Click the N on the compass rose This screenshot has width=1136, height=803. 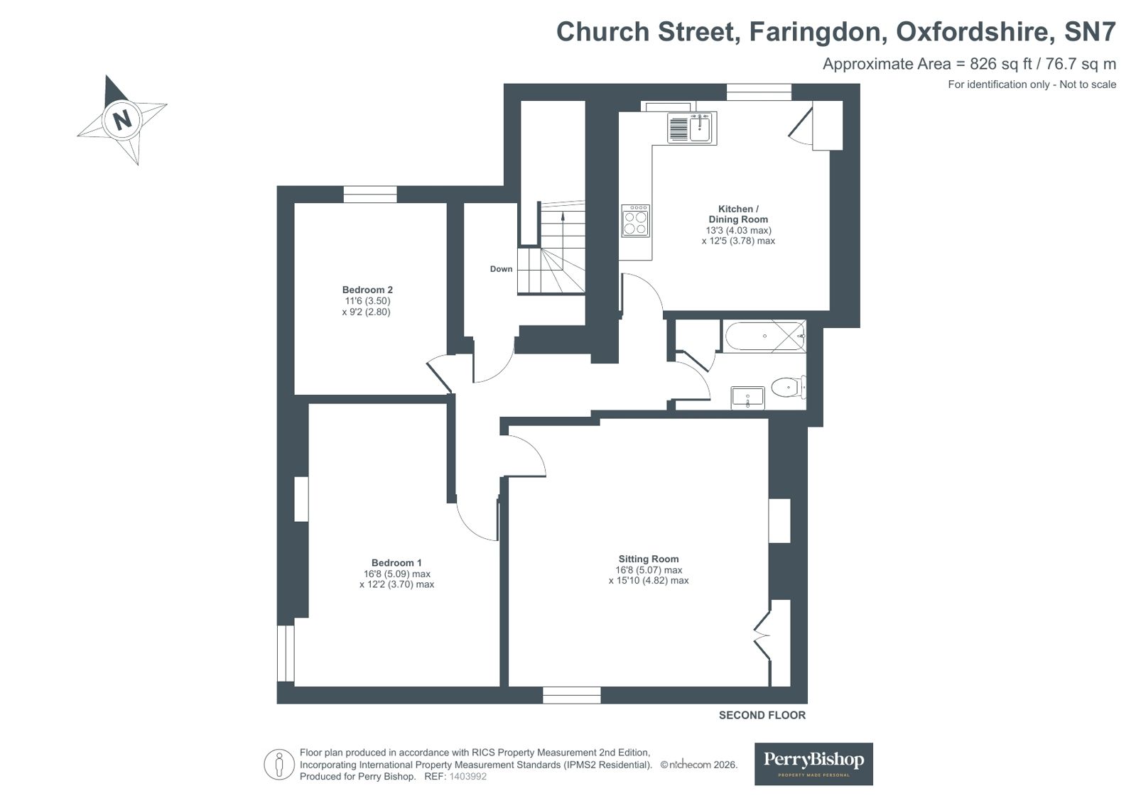pos(122,120)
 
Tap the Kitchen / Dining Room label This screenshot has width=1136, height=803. pos(738,214)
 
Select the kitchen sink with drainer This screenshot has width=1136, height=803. pos(692,128)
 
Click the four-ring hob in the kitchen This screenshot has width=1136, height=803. pos(635,221)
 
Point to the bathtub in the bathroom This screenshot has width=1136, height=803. pos(764,336)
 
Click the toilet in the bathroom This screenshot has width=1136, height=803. pos(788,388)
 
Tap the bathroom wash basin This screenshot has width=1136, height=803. pos(747,398)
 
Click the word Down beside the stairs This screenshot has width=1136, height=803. pos(501,269)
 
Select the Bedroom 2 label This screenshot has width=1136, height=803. pos(367,290)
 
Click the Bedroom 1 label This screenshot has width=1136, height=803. pos(396,563)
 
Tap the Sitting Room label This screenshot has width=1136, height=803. pos(648,559)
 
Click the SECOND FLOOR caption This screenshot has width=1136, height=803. pos(762,715)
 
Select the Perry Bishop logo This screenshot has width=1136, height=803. pos(813,764)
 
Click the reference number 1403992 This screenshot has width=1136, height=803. pos(467,777)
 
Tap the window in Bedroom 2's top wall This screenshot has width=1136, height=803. pos(370,194)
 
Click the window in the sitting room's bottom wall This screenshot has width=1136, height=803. pos(571,695)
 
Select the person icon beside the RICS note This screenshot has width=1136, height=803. pos(279,765)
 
